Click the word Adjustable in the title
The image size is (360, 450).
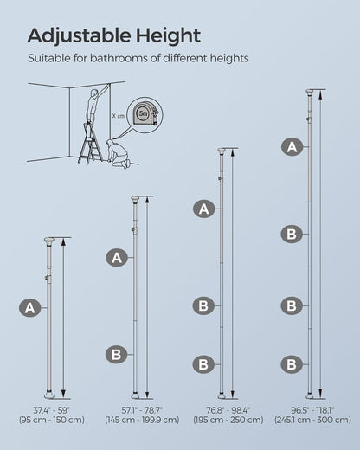[79, 36]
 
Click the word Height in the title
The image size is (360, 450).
[168, 35]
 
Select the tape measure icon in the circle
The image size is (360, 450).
[145, 113]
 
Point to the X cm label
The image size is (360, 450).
[119, 116]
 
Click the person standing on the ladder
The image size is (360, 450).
[93, 106]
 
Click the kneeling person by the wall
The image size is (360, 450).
[118, 154]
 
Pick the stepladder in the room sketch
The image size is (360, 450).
[90, 143]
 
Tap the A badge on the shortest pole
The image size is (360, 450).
[29, 308]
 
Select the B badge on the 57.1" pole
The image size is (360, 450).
[116, 354]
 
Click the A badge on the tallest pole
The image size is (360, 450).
[292, 147]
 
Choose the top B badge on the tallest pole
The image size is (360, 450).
[292, 234]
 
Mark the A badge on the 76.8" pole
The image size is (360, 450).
[204, 209]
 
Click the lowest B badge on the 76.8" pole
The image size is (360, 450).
[203, 364]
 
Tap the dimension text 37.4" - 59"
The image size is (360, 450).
[51, 410]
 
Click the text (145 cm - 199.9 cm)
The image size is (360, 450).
[142, 420]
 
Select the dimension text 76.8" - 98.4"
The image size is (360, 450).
[228, 410]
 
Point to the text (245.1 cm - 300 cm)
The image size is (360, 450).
[312, 420]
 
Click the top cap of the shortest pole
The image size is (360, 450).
[49, 241]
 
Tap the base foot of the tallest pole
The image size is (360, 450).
[310, 395]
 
